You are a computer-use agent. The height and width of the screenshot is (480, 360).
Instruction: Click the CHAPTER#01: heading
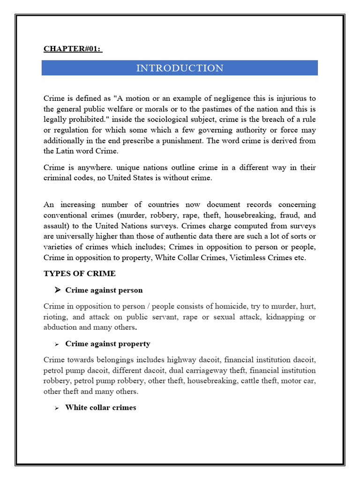73,49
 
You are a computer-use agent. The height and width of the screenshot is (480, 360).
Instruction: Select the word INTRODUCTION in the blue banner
180,68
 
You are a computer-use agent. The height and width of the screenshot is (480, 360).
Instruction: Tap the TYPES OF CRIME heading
79,273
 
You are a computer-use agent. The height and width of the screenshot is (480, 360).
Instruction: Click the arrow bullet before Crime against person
58,290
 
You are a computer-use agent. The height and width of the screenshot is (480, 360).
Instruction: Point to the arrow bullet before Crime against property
56,344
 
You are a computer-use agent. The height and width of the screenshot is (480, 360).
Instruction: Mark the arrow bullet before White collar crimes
56,408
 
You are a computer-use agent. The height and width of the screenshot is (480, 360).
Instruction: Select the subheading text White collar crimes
100,407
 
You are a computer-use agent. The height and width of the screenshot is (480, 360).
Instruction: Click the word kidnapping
285,317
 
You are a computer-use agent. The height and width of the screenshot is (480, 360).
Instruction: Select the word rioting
55,317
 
